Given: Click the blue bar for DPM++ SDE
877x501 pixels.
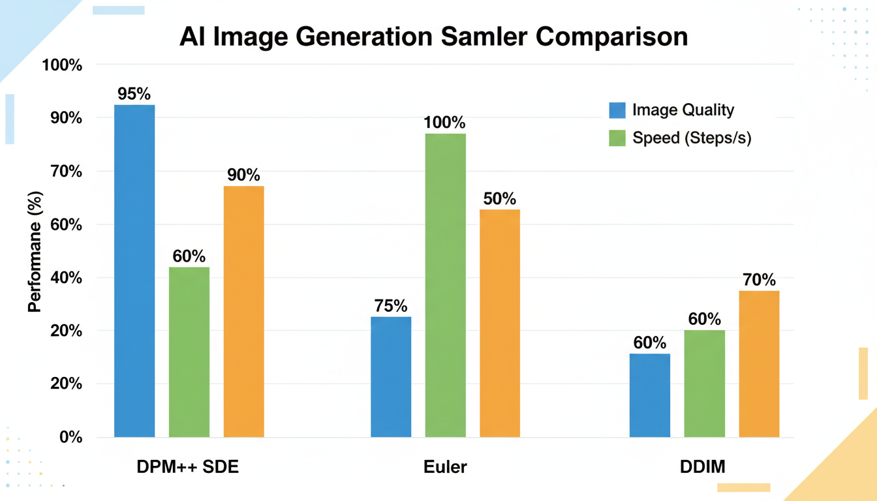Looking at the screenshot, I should (134, 271).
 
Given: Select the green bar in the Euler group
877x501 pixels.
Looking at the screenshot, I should (446, 285).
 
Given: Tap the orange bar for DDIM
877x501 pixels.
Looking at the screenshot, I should (759, 363).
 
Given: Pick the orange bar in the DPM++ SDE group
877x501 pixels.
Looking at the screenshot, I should (244, 311).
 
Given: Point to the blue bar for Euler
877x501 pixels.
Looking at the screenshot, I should (391, 376).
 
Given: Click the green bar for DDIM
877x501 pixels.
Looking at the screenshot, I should (704, 383).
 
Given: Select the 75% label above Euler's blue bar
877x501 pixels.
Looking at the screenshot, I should (391, 305).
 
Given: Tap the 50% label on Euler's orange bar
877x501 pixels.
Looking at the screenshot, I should (500, 198).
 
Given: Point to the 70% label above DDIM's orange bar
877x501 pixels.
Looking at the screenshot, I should (759, 280).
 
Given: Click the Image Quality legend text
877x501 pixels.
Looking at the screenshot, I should (683, 110).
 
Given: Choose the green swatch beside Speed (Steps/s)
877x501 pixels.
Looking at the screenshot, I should (617, 138).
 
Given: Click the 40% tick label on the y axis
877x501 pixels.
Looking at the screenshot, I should (63, 278).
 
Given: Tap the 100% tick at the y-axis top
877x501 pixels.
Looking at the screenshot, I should (61, 65).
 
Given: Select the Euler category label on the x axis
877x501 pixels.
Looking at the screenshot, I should (445, 467).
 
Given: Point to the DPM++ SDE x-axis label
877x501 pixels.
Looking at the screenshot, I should (188, 467).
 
